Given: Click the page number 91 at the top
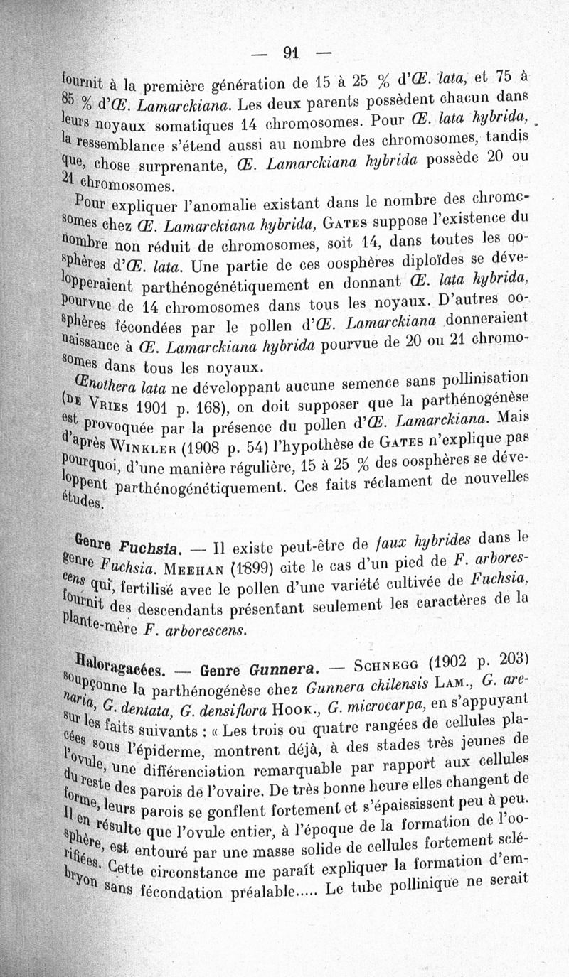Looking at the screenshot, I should (289, 51).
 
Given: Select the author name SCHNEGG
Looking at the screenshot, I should (395, 665).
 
